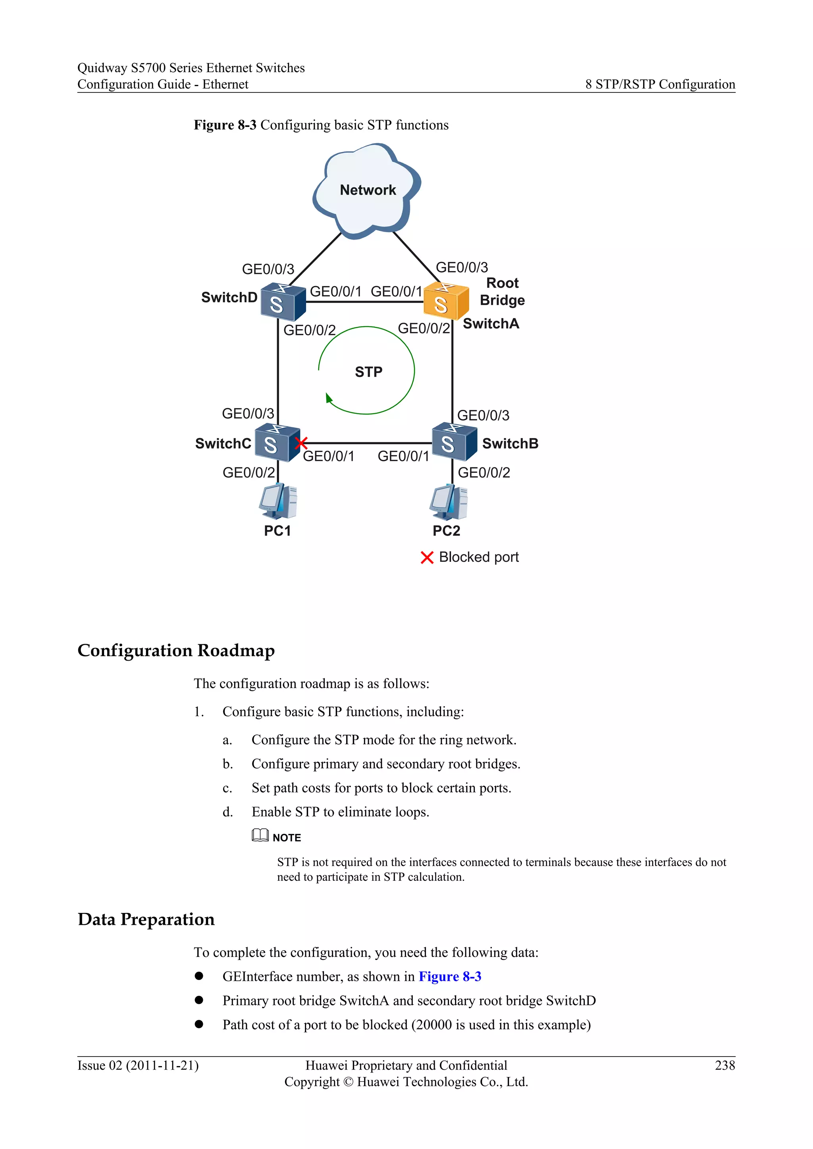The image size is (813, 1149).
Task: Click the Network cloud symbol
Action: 367,190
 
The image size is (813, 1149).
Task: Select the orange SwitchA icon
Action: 445,301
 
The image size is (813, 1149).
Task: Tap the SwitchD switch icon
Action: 283,302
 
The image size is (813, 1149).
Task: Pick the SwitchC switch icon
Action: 277,443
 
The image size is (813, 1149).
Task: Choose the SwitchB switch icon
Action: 454,441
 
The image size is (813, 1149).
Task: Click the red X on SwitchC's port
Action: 301,443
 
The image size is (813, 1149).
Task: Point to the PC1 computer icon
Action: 278,501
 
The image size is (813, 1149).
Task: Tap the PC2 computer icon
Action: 448,502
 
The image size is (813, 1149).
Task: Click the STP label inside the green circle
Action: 368,372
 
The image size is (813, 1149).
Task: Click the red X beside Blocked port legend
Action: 426,557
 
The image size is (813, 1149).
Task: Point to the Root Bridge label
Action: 502,292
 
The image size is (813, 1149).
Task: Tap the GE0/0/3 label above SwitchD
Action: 268,269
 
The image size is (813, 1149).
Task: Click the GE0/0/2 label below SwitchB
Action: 484,473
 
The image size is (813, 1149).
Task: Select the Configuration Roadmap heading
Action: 176,651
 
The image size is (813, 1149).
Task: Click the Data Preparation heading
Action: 146,919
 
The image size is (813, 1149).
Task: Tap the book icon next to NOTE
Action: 260,835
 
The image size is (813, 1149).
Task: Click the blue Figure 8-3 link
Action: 449,976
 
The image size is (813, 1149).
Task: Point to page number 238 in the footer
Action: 724,1065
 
